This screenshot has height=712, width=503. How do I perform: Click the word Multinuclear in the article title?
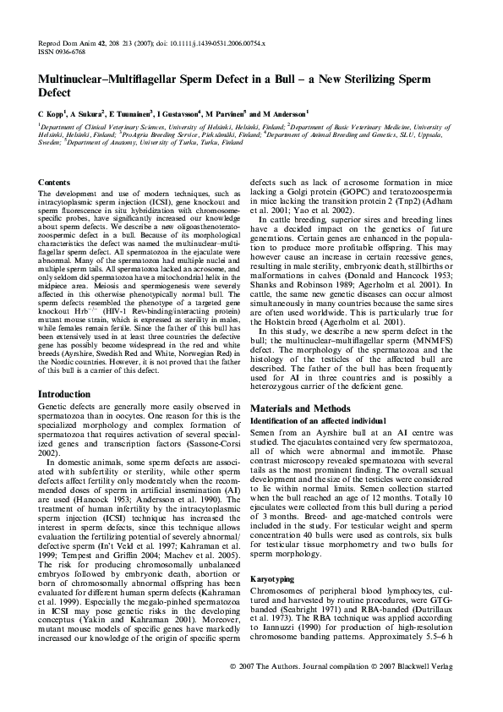[77, 78]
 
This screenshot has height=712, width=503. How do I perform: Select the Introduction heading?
[68, 394]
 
